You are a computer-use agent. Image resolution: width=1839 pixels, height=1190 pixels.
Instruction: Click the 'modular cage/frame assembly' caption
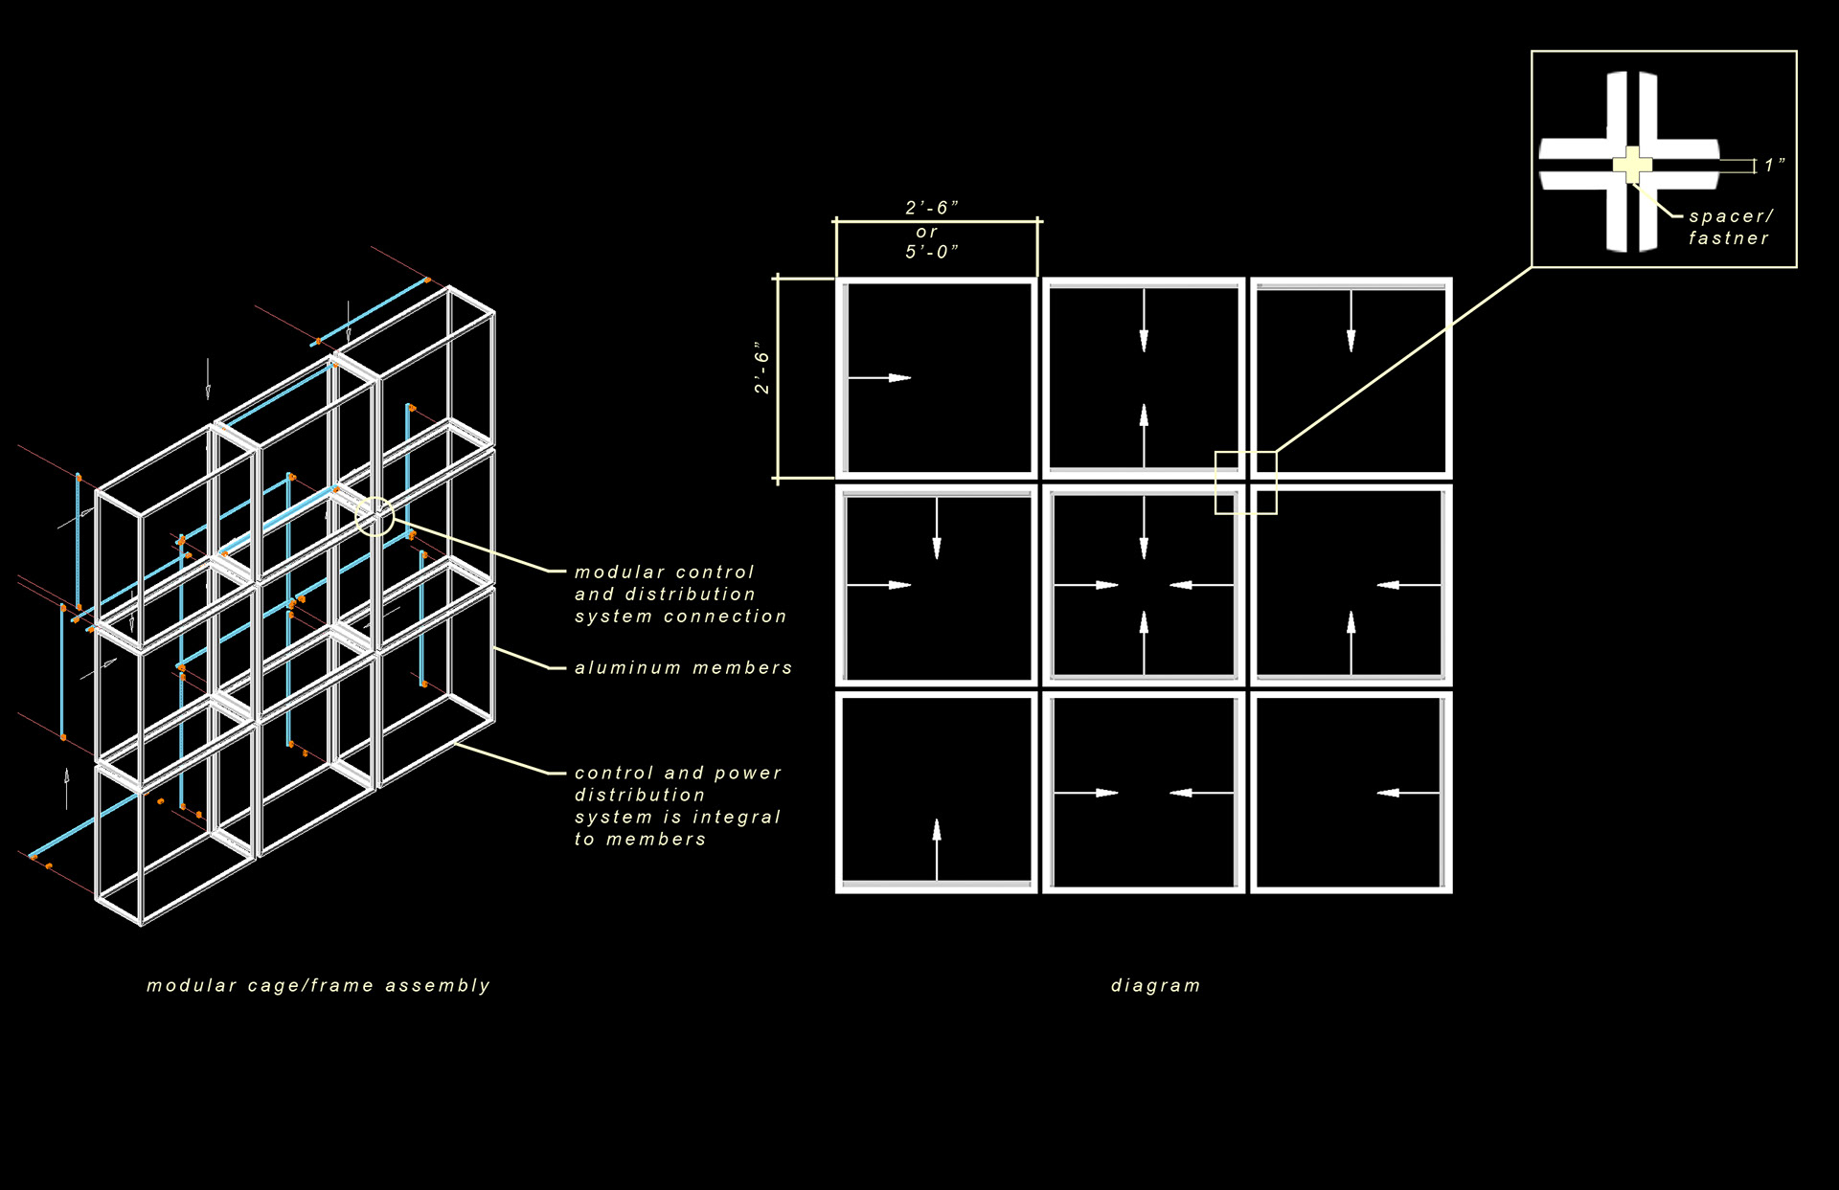pyautogui.click(x=318, y=985)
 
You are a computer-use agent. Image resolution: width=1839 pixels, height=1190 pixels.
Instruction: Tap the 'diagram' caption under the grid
pyautogui.click(x=1155, y=985)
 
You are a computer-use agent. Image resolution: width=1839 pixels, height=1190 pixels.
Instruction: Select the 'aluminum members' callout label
pyautogui.click(x=683, y=667)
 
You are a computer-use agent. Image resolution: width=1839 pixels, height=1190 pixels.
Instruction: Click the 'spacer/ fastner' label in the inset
pyautogui.click(x=1730, y=227)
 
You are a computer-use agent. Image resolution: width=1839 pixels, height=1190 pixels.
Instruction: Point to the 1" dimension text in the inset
pyautogui.click(x=1774, y=165)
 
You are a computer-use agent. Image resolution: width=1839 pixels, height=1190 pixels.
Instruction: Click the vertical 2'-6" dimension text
pyautogui.click(x=761, y=368)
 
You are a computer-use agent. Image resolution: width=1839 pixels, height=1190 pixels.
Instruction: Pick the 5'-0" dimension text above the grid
pyautogui.click(x=931, y=252)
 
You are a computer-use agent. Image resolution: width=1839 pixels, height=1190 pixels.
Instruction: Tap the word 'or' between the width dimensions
pyautogui.click(x=926, y=232)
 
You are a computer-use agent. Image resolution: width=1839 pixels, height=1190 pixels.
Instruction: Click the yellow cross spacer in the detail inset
pyautogui.click(x=1632, y=165)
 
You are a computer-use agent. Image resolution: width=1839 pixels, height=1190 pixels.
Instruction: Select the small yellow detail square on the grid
pyautogui.click(x=1245, y=483)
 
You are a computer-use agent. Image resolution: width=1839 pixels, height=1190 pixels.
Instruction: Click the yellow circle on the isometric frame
pyautogui.click(x=375, y=516)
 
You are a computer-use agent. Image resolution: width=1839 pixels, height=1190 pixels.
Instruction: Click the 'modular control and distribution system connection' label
pyautogui.click(x=680, y=594)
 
